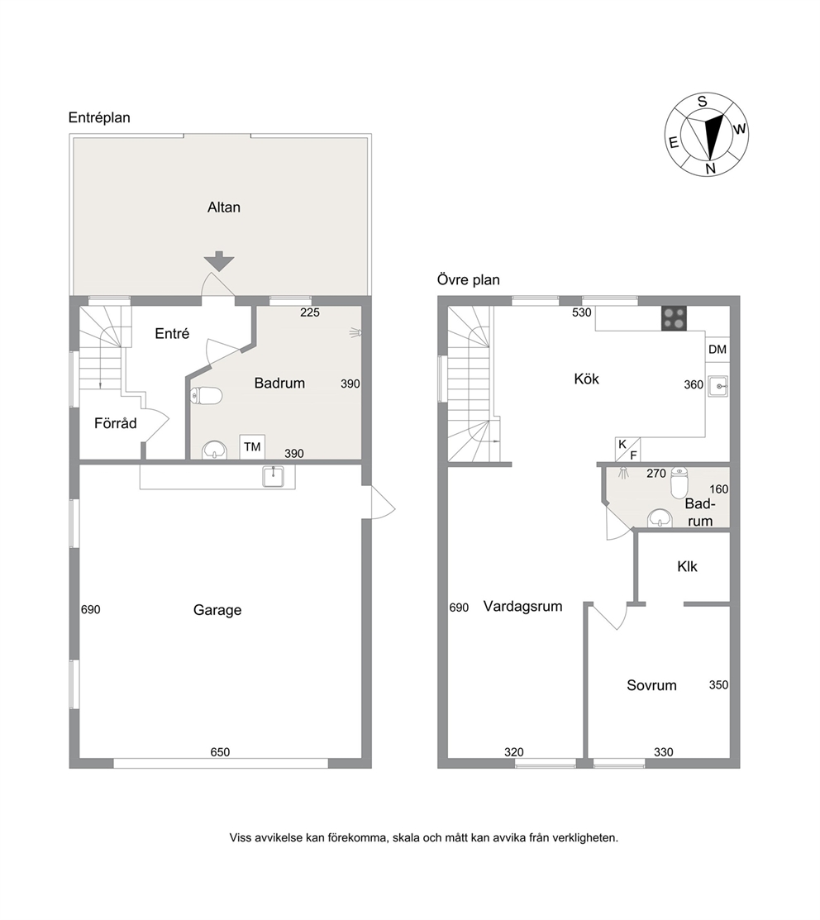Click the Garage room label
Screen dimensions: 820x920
click(x=217, y=610)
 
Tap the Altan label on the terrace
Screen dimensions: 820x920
click(x=223, y=207)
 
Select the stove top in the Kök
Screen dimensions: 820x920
click(x=674, y=318)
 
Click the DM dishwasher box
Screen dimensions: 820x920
click(x=717, y=350)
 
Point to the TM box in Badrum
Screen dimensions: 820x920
click(x=252, y=447)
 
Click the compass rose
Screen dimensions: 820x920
click(x=706, y=135)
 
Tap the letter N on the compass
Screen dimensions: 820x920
click(x=710, y=169)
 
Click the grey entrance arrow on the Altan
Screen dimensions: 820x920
click(x=219, y=260)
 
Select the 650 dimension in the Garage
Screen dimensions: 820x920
click(x=220, y=752)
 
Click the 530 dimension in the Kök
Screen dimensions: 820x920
click(x=582, y=312)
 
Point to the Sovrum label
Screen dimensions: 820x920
click(x=651, y=685)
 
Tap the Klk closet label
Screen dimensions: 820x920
click(x=687, y=567)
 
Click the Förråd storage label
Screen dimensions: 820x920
click(x=116, y=423)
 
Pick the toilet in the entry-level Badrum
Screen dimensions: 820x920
click(x=206, y=396)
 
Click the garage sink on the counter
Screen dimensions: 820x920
click(x=273, y=476)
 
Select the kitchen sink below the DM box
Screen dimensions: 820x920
click(x=718, y=386)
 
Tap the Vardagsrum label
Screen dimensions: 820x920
click(x=522, y=607)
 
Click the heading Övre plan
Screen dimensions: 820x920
click(x=468, y=280)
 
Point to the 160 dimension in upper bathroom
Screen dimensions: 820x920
click(x=718, y=489)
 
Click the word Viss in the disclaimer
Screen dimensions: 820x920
click(x=241, y=838)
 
